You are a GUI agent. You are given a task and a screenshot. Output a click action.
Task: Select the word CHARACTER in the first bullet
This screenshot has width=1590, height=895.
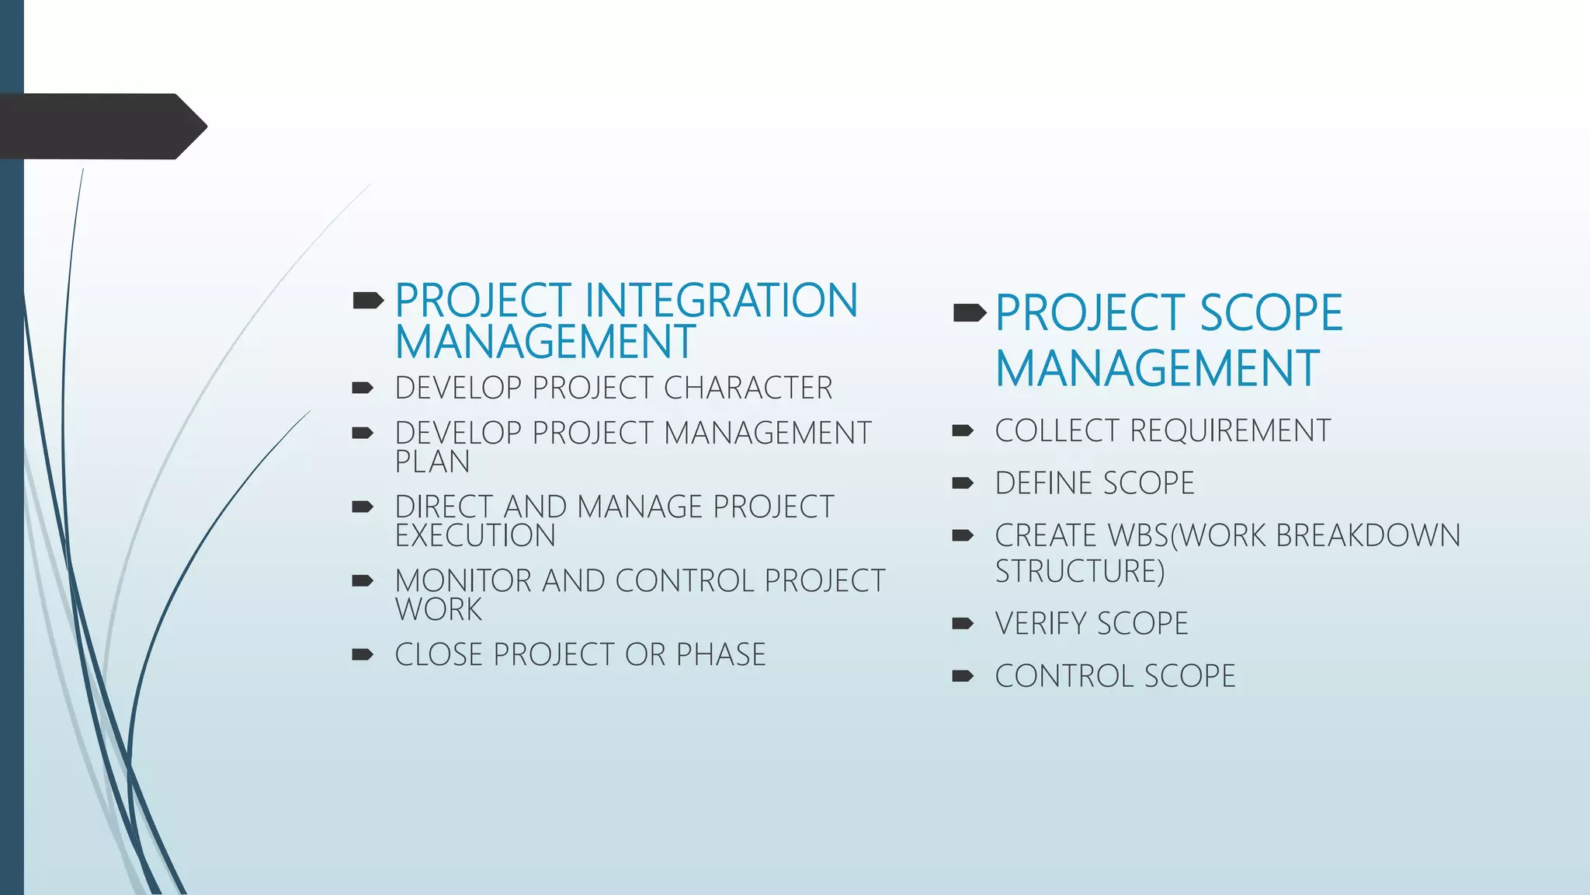pos(748,388)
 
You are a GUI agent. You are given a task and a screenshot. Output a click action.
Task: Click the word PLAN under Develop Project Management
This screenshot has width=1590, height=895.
pos(432,462)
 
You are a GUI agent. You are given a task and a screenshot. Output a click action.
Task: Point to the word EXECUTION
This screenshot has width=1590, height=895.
pos(475,536)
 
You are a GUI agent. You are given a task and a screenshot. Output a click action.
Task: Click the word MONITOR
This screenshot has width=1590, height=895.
pos(461,581)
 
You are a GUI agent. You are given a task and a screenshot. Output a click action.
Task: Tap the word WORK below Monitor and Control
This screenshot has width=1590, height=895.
pos(439,610)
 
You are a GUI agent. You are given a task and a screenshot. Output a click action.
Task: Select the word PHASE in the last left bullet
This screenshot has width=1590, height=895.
pos(720,655)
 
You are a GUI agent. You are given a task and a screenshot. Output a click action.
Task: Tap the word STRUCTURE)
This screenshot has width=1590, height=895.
pos(1080,572)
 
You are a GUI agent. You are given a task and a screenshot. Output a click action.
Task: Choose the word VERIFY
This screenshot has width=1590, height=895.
pos(1040,624)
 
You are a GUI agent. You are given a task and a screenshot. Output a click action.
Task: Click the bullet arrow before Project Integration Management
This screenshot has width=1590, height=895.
pos(368,301)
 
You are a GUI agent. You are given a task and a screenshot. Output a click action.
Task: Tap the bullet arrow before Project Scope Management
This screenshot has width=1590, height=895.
pos(969,313)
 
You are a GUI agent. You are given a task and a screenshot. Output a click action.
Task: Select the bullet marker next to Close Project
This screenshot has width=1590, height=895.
pos(363,655)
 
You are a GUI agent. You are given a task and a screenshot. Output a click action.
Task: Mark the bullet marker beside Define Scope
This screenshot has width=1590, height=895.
pos(963,483)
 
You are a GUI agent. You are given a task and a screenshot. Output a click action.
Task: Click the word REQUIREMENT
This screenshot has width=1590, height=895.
pos(1230,431)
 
